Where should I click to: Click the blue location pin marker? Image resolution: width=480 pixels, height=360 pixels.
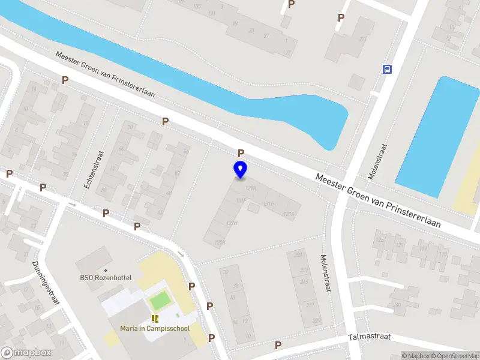(241, 170)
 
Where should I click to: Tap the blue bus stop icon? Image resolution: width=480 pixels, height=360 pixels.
(387, 69)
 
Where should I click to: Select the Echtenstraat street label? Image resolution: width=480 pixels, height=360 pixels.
(94, 170)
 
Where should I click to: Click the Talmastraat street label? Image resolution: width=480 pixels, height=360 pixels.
(369, 337)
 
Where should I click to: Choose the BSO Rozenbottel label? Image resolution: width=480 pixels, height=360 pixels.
(106, 278)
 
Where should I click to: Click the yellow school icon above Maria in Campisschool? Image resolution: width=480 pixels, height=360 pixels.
(155, 318)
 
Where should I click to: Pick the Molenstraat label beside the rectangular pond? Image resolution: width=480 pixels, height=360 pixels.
(378, 161)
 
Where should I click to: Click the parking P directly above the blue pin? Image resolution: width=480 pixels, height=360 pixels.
(241, 153)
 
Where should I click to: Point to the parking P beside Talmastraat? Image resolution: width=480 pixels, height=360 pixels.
(278, 345)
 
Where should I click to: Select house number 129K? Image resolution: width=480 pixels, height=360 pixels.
(220, 242)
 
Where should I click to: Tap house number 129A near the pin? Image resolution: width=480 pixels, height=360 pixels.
(251, 188)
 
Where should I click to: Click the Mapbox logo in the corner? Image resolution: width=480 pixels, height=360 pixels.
(26, 353)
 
